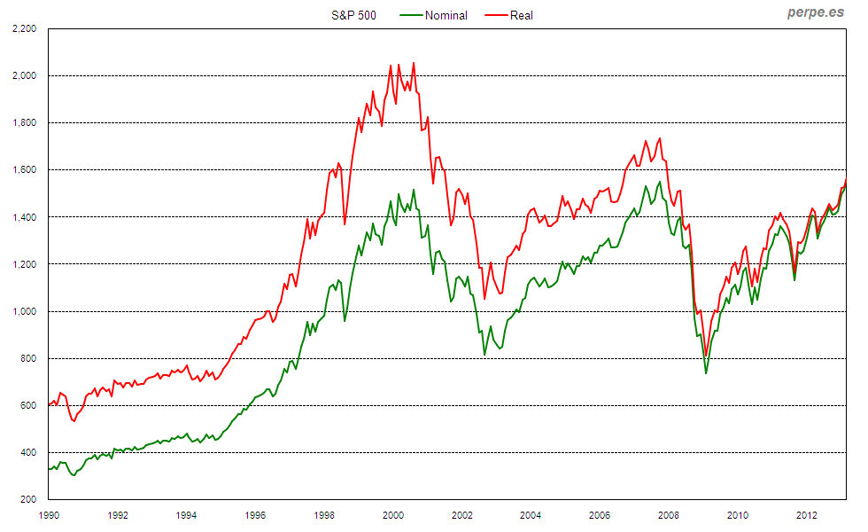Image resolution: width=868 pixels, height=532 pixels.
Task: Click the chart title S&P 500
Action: pyautogui.click(x=353, y=15)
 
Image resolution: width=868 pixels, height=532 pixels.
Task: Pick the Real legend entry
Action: pyautogui.click(x=522, y=15)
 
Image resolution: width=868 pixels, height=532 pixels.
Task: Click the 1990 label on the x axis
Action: pyautogui.click(x=49, y=514)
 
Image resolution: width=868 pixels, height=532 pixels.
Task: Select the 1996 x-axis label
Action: pyautogui.click(x=255, y=514)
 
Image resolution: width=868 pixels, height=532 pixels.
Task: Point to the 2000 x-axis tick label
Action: pyautogui.click(x=393, y=514)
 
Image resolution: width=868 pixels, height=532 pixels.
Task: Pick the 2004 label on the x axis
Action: pyautogui.click(x=531, y=514)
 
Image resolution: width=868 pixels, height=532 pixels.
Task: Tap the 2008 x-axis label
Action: pyautogui.click(x=669, y=514)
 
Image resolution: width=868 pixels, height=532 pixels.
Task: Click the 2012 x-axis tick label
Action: pyautogui.click(x=806, y=514)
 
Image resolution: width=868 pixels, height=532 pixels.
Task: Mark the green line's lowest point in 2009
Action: pyautogui.click(x=706, y=372)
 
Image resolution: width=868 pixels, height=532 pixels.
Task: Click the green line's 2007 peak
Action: pyautogui.click(x=660, y=182)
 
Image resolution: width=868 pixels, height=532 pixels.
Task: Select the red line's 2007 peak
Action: pyautogui.click(x=659, y=138)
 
